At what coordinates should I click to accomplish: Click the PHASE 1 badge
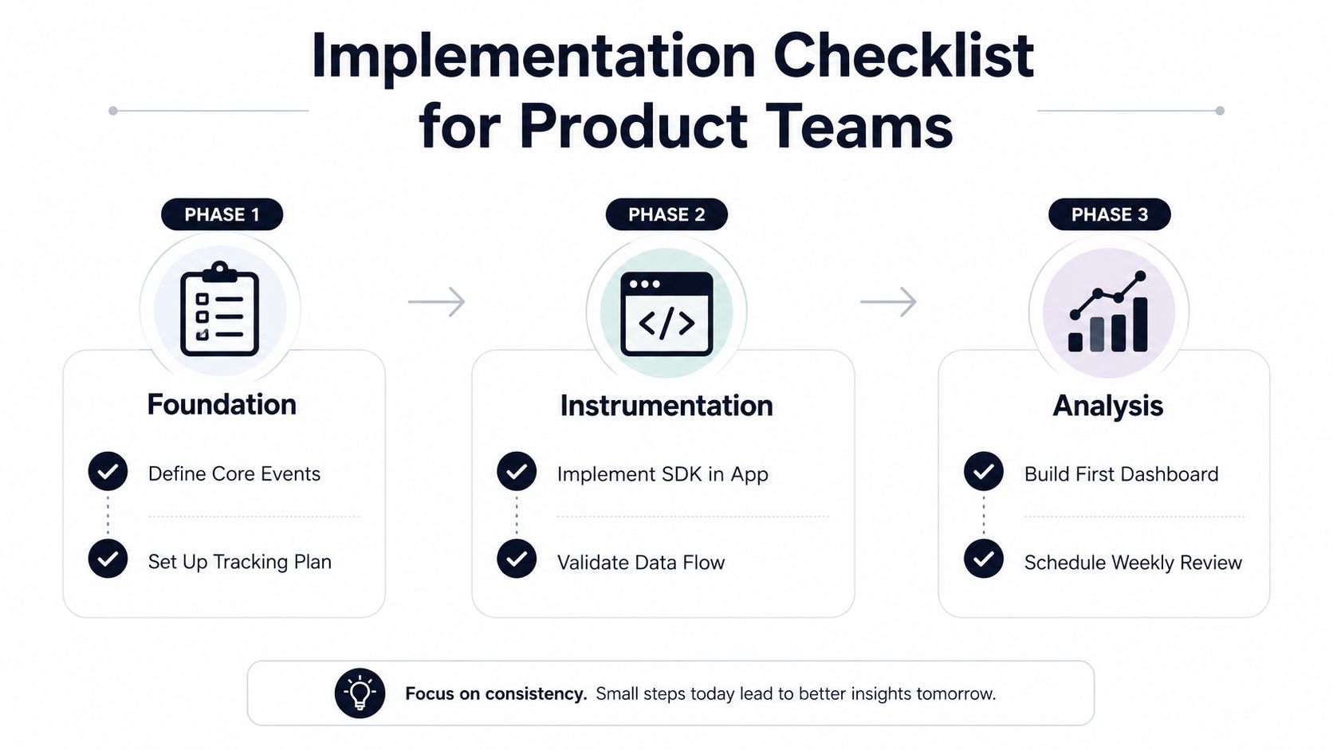(x=222, y=214)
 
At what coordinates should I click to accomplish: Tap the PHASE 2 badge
(x=666, y=214)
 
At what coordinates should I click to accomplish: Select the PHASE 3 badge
(x=1109, y=214)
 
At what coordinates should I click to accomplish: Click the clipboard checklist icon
(x=219, y=308)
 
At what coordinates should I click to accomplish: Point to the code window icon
(x=666, y=313)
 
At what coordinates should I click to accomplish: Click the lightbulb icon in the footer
(x=360, y=693)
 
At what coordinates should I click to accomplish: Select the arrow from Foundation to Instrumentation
(x=436, y=302)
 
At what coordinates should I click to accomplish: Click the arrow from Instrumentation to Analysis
(x=888, y=302)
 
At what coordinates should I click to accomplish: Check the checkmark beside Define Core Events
(x=108, y=472)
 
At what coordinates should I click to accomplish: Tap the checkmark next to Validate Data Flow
(x=517, y=559)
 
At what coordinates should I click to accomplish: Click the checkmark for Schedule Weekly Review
(x=984, y=559)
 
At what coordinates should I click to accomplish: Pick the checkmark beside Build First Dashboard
(x=984, y=472)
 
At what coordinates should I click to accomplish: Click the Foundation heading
(x=222, y=404)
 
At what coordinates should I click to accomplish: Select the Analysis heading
(x=1108, y=406)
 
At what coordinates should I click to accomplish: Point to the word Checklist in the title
(x=903, y=56)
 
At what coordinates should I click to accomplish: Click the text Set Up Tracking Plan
(x=240, y=562)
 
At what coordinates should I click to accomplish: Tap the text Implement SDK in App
(x=663, y=474)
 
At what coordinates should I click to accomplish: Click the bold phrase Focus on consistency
(x=497, y=693)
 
